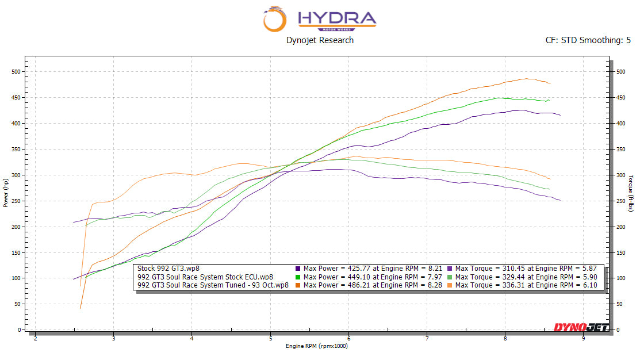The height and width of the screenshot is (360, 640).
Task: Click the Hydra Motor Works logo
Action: click(320, 19)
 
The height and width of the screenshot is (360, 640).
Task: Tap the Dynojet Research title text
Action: click(320, 40)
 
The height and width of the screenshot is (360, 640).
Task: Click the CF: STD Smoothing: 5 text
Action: click(588, 40)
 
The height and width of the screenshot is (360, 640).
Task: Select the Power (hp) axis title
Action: click(6, 193)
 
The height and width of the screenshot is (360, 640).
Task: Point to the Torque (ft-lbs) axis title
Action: click(631, 193)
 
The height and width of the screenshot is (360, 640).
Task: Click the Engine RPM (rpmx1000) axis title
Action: click(317, 346)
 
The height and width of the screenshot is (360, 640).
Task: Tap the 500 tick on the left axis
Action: click(16, 71)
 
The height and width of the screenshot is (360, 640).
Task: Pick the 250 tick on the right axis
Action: click(620, 201)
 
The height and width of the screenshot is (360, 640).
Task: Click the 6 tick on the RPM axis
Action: click(348, 338)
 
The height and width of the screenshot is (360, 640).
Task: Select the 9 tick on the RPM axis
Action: click(583, 338)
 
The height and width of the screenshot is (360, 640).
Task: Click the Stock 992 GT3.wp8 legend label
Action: click(168, 269)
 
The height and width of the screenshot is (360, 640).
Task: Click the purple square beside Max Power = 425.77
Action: click(298, 269)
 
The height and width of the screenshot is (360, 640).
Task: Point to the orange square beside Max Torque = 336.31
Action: click(450, 285)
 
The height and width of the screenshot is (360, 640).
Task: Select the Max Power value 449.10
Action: click(359, 277)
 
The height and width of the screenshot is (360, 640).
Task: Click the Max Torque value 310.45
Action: click(514, 269)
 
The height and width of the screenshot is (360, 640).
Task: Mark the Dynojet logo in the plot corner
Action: click(581, 327)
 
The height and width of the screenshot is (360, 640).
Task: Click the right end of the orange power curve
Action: click(550, 83)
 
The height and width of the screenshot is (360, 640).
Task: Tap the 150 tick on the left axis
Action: click(16, 252)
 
